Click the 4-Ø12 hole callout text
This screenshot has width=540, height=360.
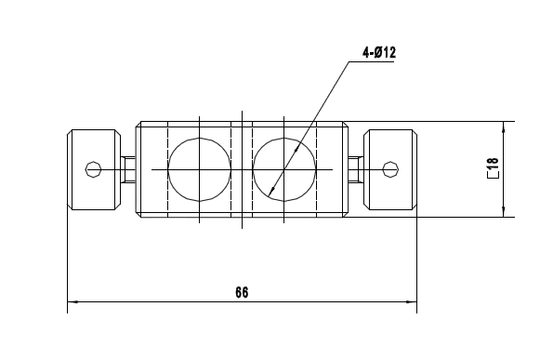click(x=379, y=53)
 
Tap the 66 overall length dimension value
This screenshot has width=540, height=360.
click(x=242, y=292)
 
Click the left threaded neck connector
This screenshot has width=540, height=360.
click(x=127, y=169)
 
